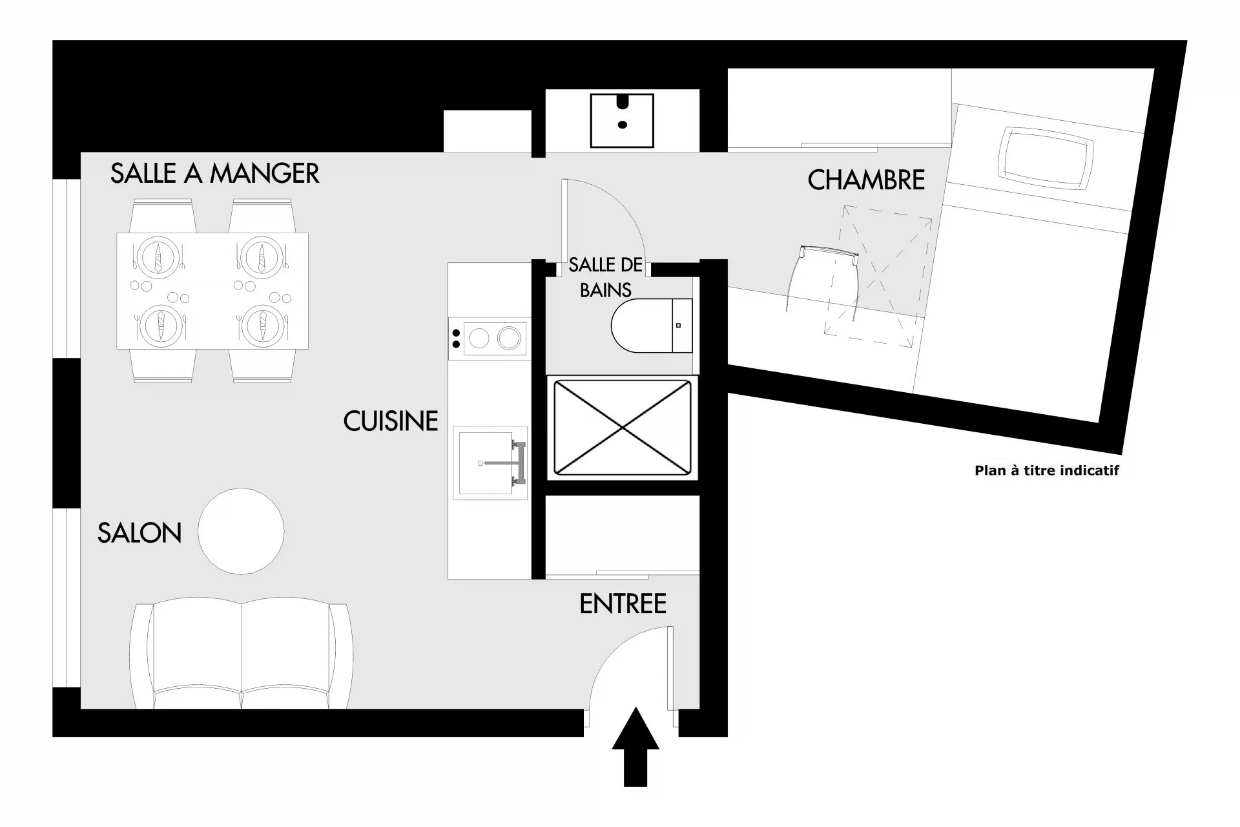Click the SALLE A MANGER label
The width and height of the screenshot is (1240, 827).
pos(214,173)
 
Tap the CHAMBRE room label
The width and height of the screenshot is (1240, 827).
pos(866,180)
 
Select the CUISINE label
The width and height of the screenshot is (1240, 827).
pos(391,421)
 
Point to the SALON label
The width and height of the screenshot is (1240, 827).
pos(139,533)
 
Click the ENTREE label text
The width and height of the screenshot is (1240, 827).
pos(623,604)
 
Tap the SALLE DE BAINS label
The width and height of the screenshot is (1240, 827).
pos(606,277)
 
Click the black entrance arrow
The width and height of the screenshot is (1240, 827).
pos(635,747)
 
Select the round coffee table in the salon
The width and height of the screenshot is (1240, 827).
pos(241,531)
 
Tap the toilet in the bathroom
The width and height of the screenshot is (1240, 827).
pos(651,326)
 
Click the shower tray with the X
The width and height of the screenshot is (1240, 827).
pos(623,427)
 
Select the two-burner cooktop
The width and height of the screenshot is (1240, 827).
pos(488,338)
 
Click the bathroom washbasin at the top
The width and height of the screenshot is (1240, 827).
pos(623,120)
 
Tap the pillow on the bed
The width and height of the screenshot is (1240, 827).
pos(1045,158)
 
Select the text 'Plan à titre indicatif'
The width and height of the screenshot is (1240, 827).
pos(1046,470)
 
